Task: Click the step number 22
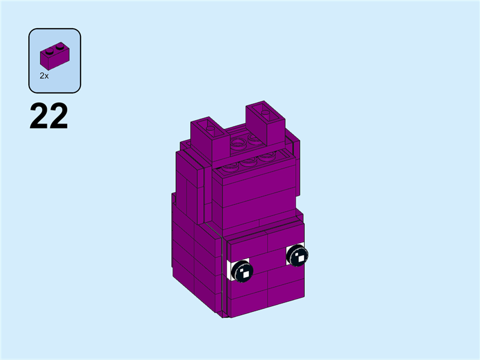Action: [49, 116]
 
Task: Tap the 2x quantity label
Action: [44, 76]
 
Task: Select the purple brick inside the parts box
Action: [54, 56]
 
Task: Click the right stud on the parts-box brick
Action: [59, 45]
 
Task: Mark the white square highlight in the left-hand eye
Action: [245, 274]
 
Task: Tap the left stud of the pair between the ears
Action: [239, 144]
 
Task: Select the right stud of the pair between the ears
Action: [255, 139]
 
